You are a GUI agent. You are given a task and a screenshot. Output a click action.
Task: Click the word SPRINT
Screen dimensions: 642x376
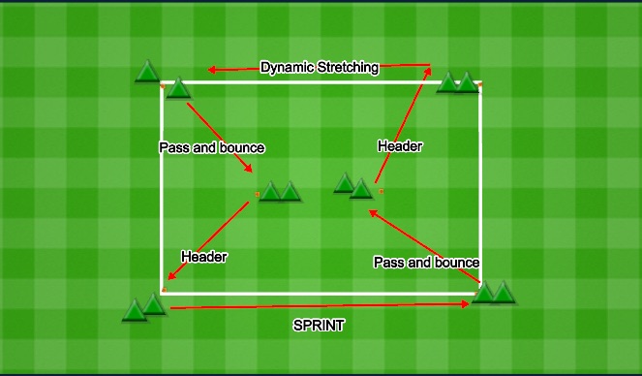[319, 326]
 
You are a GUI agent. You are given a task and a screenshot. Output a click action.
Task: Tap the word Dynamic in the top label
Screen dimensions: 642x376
[288, 68]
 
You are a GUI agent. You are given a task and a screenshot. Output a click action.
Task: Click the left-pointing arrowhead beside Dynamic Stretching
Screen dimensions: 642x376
[213, 70]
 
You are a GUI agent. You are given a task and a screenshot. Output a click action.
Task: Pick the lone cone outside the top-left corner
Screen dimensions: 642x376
[147, 72]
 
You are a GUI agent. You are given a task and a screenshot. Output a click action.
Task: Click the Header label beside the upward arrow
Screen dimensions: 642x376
[400, 145]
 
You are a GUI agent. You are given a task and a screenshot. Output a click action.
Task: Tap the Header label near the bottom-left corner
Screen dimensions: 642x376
[203, 257]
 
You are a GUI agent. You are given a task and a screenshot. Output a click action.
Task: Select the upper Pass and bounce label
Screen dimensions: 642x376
[211, 147]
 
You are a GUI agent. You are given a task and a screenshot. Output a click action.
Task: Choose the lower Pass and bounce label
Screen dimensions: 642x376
[426, 263]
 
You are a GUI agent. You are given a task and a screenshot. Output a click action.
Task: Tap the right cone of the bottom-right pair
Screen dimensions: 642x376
[504, 292]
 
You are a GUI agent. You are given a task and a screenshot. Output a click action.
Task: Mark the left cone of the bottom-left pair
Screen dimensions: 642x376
[135, 310]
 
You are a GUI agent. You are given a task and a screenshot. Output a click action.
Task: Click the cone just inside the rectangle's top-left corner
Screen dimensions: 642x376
[177, 89]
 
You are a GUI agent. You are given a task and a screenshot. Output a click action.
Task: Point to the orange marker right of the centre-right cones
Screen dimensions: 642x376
[382, 191]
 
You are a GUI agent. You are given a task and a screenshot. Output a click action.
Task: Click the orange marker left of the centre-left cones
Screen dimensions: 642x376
[257, 195]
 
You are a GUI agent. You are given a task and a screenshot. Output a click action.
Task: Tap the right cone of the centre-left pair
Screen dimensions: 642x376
[290, 191]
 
